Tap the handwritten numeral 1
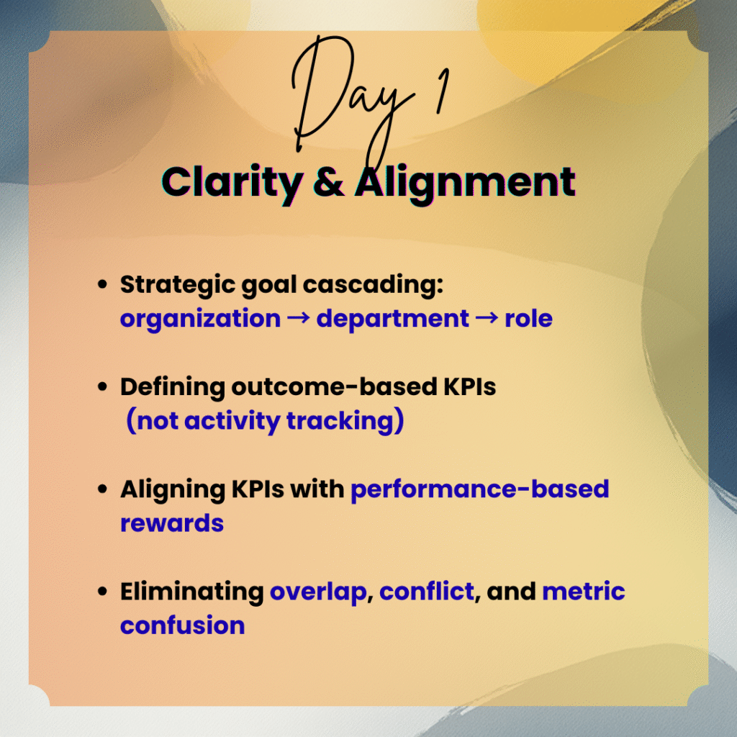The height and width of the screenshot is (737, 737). [442, 91]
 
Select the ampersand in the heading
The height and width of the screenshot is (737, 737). [329, 182]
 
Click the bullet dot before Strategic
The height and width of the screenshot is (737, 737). [102, 284]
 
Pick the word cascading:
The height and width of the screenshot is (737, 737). [373, 286]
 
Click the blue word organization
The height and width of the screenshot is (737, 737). [200, 319]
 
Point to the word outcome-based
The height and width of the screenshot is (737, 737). [334, 386]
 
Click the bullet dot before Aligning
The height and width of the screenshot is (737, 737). [102, 489]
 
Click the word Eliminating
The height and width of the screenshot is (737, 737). [191, 592]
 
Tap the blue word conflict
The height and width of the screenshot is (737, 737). [426, 592]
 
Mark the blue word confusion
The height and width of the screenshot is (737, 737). [182, 625]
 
